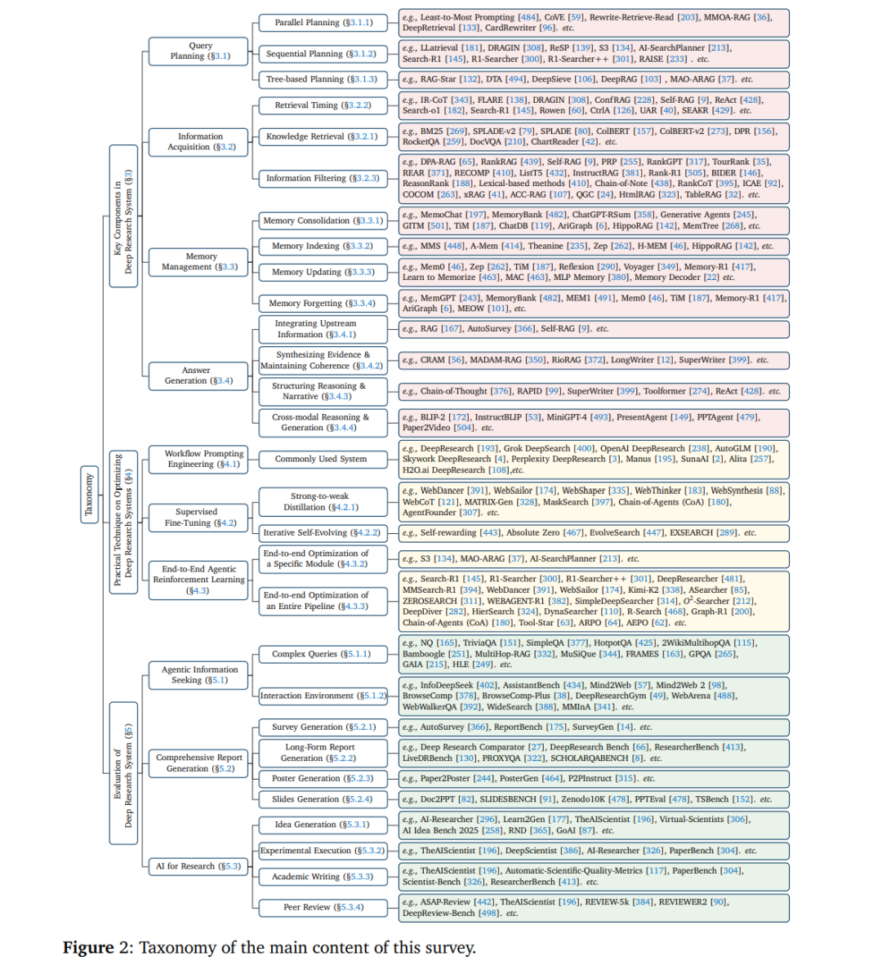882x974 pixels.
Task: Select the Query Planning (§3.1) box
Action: point(198,51)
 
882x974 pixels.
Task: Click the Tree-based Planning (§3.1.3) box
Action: point(322,79)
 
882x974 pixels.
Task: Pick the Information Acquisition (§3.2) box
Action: point(199,141)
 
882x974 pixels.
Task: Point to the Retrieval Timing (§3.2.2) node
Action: point(322,105)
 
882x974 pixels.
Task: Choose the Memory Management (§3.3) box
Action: point(200,261)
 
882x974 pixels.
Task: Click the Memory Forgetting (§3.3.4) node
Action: point(322,303)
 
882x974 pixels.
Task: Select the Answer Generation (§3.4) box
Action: point(197,376)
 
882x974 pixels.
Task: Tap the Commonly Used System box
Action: point(321,459)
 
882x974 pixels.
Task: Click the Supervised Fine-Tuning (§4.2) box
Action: point(197,518)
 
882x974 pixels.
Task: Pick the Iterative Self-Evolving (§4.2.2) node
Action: point(322,532)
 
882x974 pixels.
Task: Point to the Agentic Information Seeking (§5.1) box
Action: point(198,674)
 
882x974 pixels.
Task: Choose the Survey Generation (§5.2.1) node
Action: point(322,727)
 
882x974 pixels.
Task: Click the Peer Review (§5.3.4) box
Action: point(322,907)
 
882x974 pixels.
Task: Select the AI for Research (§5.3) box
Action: point(198,866)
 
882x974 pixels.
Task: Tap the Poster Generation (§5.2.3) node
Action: point(322,778)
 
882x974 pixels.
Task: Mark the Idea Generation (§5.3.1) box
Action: point(322,825)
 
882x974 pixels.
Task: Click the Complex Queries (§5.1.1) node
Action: point(322,654)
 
